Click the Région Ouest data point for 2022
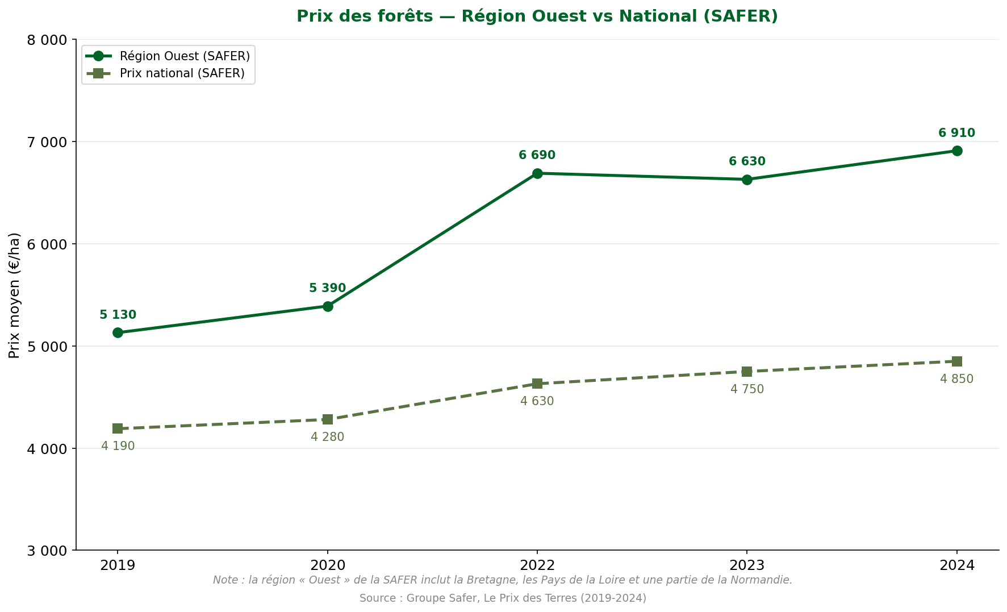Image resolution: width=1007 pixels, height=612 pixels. [x=537, y=173]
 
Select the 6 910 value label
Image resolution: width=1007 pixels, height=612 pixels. [x=956, y=133]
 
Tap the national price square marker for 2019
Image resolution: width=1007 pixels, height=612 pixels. [x=118, y=428]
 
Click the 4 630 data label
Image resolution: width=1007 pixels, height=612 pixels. [x=537, y=401]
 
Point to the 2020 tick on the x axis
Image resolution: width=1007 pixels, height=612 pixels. [x=327, y=565]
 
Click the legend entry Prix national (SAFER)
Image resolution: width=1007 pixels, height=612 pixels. [x=182, y=73]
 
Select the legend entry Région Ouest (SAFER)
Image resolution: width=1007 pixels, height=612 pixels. [x=185, y=56]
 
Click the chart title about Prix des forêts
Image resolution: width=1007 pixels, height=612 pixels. [x=537, y=16]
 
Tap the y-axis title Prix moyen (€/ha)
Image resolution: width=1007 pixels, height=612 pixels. [x=14, y=295]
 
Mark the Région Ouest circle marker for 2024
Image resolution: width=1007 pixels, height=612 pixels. [x=956, y=151]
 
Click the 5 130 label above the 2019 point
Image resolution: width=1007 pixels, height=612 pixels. [x=118, y=315]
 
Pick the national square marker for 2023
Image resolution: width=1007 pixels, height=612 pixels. [x=746, y=372]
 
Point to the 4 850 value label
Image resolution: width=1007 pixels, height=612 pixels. [x=956, y=379]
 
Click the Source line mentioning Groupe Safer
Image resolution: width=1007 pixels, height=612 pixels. [x=503, y=598]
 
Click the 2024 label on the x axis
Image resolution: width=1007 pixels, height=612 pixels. [x=956, y=565]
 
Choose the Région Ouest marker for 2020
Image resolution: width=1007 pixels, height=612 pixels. [x=327, y=306]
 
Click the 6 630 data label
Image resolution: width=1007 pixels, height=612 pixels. [x=746, y=161]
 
